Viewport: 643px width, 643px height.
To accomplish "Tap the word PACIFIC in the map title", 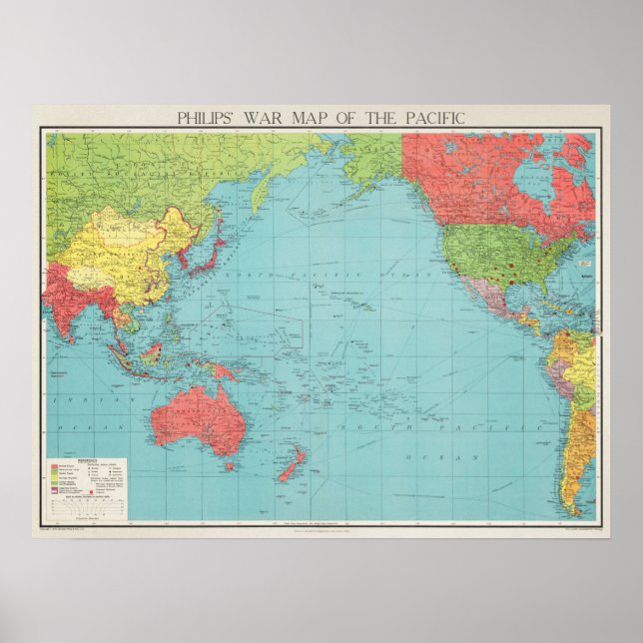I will tap(430, 117).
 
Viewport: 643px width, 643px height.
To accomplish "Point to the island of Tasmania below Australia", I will tap(232, 465).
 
